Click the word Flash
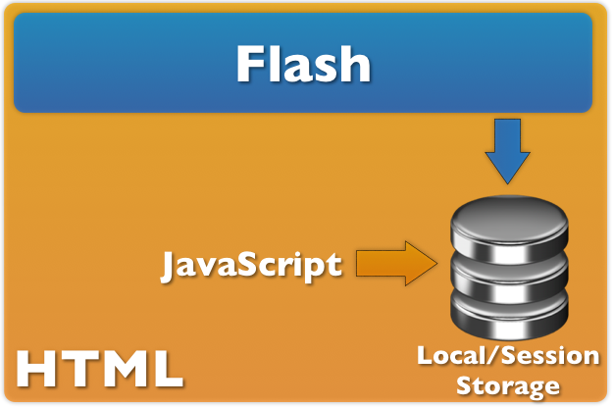tap(303, 65)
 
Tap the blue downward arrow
tap(507, 151)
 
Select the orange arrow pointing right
tap(395, 263)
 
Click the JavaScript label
tap(252, 264)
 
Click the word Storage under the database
tap(507, 384)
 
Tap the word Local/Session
tap(507, 356)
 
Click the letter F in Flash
tap(251, 65)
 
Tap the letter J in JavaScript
tap(170, 264)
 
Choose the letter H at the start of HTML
tap(35, 368)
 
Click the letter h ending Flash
tap(355, 65)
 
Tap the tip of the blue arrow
tap(507, 182)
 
